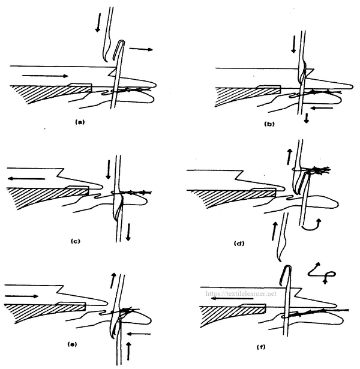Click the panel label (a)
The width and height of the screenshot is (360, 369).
pyautogui.click(x=79, y=122)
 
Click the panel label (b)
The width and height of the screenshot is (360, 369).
pyautogui.click(x=269, y=124)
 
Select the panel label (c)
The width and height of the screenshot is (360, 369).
pyautogui.click(x=75, y=241)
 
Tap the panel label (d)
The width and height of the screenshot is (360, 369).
pyautogui.click(x=239, y=243)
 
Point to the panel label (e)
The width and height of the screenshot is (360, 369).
pyautogui.click(x=72, y=344)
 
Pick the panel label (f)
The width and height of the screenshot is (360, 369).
pyautogui.click(x=261, y=347)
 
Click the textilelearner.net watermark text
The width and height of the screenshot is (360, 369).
pyautogui.click(x=241, y=293)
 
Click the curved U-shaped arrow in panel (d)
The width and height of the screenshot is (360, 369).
pyautogui.click(x=311, y=226)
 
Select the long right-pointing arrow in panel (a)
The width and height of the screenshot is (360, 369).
pyautogui.click(x=45, y=76)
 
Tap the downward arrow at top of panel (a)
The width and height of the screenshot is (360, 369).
pyautogui.click(x=98, y=23)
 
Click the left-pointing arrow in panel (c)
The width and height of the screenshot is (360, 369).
pyautogui.click(x=26, y=179)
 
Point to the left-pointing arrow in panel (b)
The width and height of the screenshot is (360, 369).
pyautogui.click(x=322, y=108)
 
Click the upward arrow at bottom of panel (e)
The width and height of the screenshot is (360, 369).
pyautogui.click(x=128, y=351)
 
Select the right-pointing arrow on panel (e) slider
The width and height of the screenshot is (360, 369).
pyautogui.click(x=21, y=296)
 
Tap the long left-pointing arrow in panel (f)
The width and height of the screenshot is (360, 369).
pyautogui.click(x=232, y=298)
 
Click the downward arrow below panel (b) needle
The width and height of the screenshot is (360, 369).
pyautogui.click(x=307, y=118)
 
